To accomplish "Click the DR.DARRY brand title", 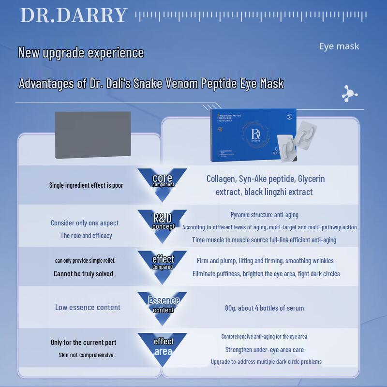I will pos(74,15).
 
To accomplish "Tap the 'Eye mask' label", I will pos(339,46).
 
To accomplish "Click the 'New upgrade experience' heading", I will pos(81,52).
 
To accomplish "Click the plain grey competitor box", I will pos(92,134).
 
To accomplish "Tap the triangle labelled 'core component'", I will pos(163,182).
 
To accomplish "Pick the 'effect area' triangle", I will pos(163,345).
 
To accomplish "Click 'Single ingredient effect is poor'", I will pos(86,185).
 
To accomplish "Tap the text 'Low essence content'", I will pos(88,307).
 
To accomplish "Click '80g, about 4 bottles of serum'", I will pos(264,308).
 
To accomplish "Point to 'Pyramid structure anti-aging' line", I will pos(264,215).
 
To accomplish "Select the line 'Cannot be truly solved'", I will pos(83,274).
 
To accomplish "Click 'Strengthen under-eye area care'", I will pos(264,349).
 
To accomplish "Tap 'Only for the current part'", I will pos(83,342).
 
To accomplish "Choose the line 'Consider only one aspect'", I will pos(85,223).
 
